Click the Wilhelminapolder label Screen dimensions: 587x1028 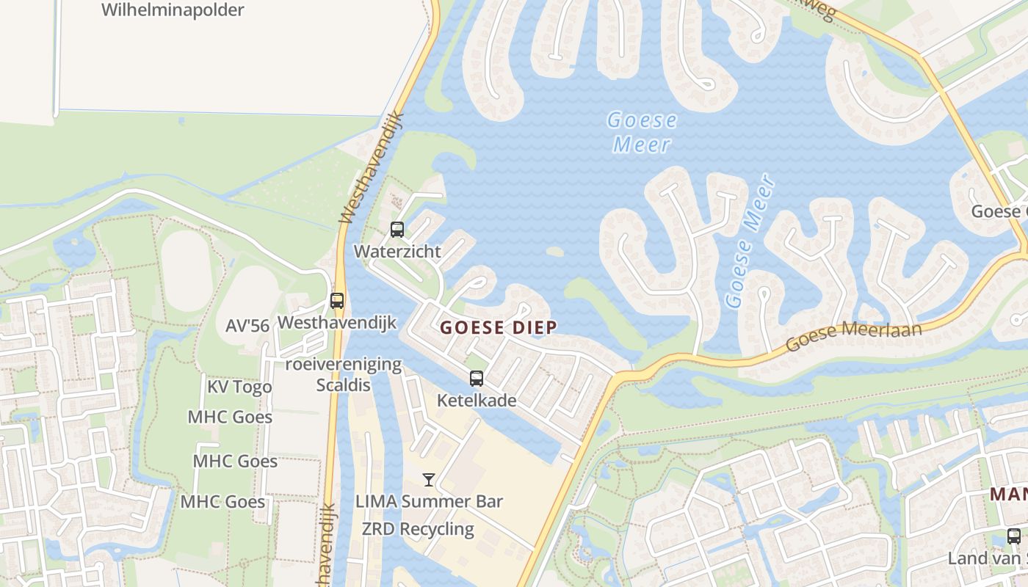tap(173, 10)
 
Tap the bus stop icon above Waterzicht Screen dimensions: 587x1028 tap(397, 230)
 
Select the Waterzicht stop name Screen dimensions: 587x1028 tap(397, 252)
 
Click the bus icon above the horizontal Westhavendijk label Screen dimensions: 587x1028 tap(337, 300)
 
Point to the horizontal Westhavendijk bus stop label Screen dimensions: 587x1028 tap(337, 322)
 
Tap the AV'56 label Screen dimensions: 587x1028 tap(247, 326)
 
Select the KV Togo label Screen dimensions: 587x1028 tap(239, 387)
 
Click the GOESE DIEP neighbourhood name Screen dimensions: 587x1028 tap(499, 328)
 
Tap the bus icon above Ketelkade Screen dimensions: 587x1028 tap(477, 379)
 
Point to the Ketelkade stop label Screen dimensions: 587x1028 tap(477, 401)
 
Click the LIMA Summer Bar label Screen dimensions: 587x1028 tap(429, 502)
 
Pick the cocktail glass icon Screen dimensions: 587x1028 tap(429, 480)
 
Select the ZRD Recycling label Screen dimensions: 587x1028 tap(418, 529)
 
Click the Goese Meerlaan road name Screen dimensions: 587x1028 tap(853, 337)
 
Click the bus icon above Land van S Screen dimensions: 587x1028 tap(1014, 536)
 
